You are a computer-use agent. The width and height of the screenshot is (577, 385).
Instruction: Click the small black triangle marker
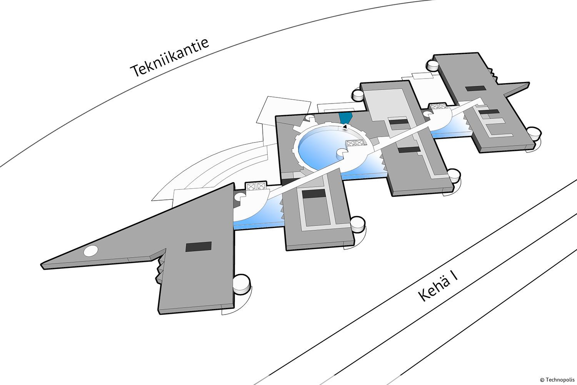(345, 126)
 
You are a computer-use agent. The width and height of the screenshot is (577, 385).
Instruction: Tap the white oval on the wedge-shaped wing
(91, 251)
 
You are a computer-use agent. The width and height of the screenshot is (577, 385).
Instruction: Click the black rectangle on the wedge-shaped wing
(198, 247)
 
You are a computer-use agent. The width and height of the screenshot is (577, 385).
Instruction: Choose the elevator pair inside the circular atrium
(355, 142)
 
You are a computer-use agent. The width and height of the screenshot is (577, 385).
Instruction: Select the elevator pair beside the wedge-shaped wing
(256, 186)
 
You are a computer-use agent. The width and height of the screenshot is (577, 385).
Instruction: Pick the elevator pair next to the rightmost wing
(437, 106)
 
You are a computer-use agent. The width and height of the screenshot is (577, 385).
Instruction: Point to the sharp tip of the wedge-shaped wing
(41, 265)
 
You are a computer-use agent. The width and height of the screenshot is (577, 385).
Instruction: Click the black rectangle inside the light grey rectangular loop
(314, 193)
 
